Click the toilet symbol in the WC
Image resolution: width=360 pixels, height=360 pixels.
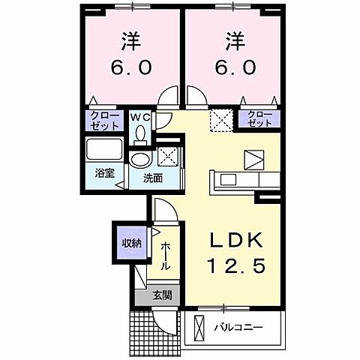point(139,133)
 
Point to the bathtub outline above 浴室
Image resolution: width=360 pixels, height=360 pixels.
point(103,149)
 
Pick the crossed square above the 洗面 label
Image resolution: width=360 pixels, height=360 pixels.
point(168,156)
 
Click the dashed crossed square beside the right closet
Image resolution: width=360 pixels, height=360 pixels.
point(220,120)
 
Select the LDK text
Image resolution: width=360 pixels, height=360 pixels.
point(232,239)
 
